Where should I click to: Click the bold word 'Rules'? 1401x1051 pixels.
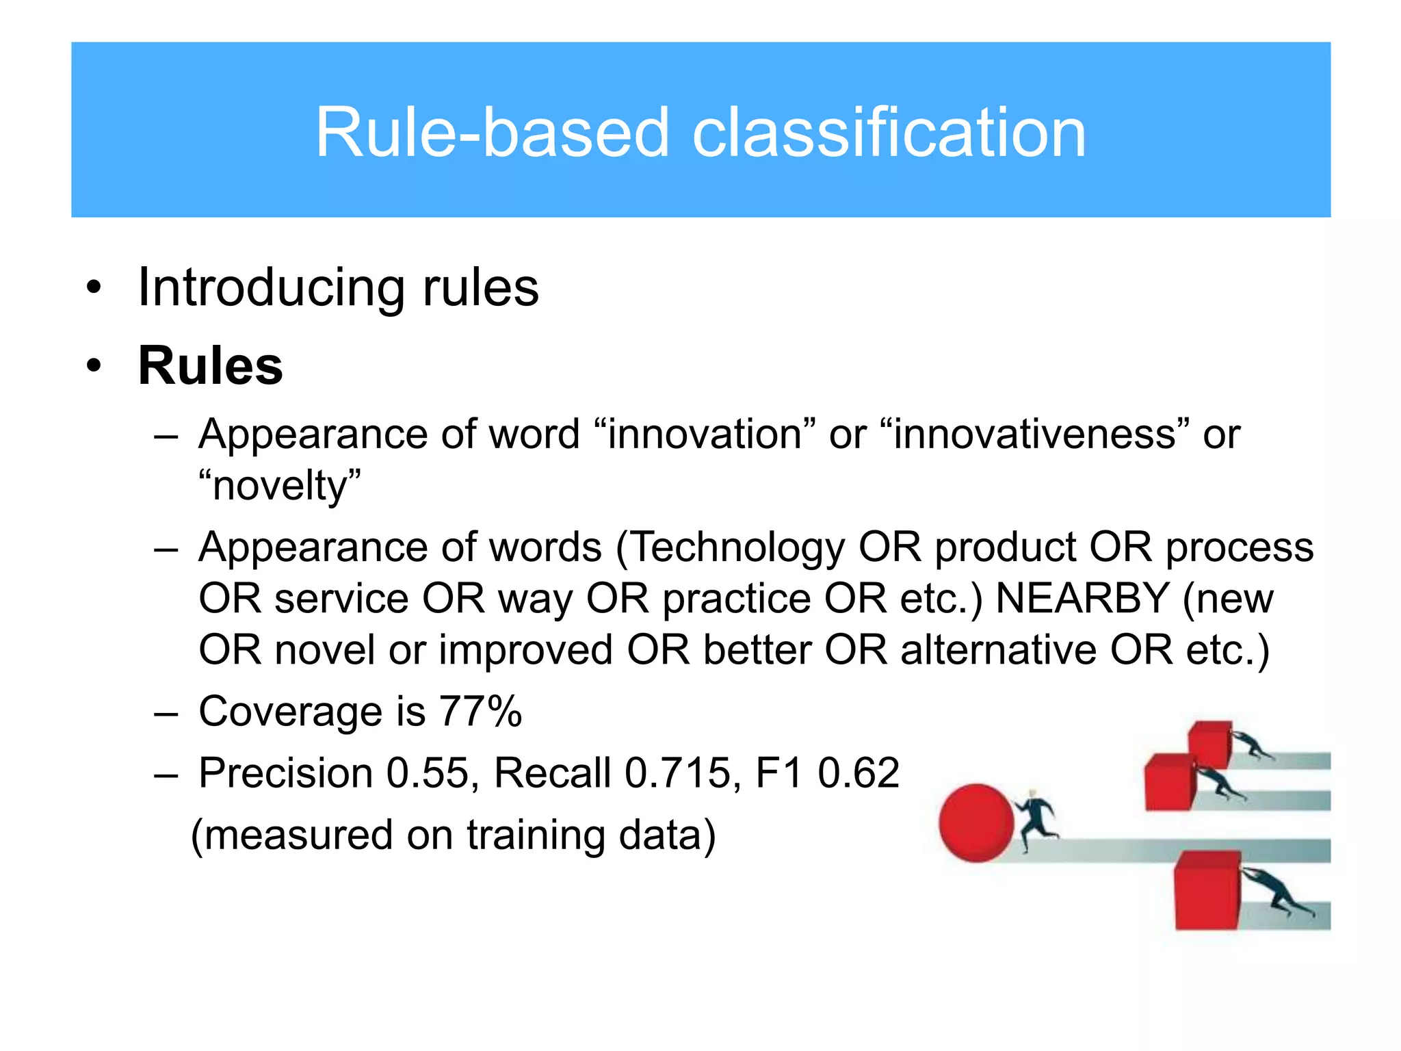tap(211, 366)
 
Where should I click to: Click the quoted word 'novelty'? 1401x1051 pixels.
tap(280, 486)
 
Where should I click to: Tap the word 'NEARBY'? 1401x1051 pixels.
tap(1082, 599)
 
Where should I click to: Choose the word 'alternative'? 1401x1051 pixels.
tap(998, 649)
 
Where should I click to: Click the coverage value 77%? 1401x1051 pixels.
tap(480, 712)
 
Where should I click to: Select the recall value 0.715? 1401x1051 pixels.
tap(677, 773)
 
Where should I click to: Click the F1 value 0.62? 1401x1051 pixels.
tap(859, 773)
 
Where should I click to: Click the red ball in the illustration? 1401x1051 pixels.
tap(976, 822)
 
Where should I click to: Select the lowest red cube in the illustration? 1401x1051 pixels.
tap(1207, 890)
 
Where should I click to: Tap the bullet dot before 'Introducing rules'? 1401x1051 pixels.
tap(94, 288)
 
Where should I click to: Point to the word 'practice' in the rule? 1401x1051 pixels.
tap(737, 599)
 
